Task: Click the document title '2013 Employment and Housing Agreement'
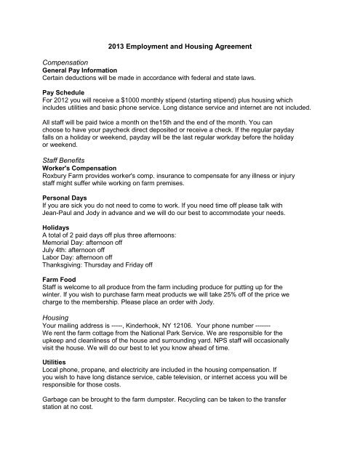pos(179,46)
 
